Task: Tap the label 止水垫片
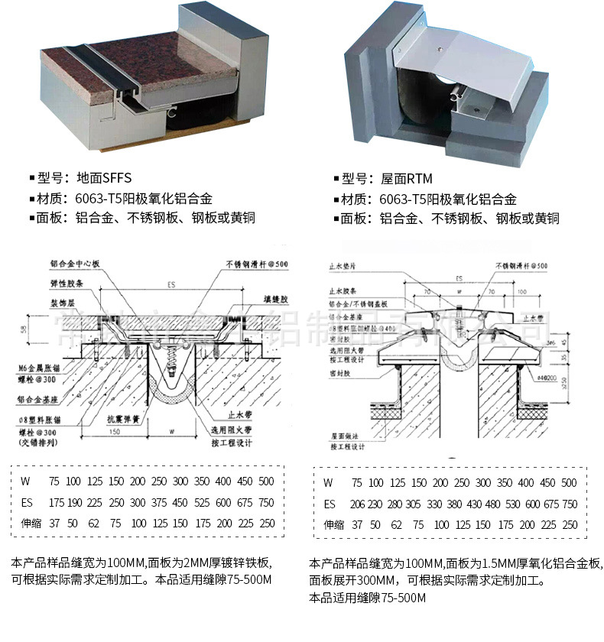(343, 267)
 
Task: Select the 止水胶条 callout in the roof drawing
(343, 291)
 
